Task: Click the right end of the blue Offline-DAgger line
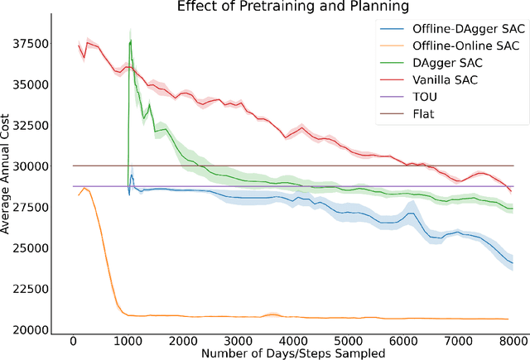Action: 511,263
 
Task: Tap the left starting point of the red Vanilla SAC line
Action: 79,46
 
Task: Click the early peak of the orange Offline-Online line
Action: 84,188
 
